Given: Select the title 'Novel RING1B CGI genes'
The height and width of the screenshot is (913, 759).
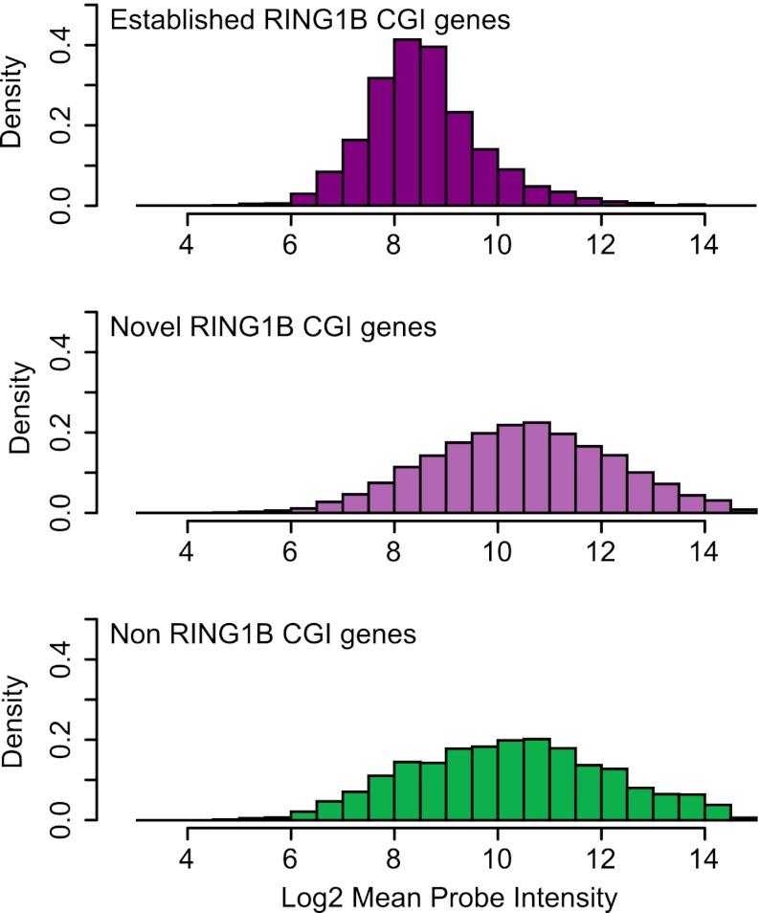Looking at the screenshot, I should [x=274, y=327].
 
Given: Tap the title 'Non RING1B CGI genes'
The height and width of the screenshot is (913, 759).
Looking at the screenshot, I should [x=263, y=635].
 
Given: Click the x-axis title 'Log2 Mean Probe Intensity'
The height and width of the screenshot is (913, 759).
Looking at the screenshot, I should [x=445, y=897].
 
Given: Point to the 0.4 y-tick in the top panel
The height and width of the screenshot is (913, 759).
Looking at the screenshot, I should [x=62, y=46].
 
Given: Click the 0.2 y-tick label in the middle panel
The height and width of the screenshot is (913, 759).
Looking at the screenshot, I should [x=62, y=433].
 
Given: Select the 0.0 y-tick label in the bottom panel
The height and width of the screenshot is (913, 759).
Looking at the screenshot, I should [x=62, y=819].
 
